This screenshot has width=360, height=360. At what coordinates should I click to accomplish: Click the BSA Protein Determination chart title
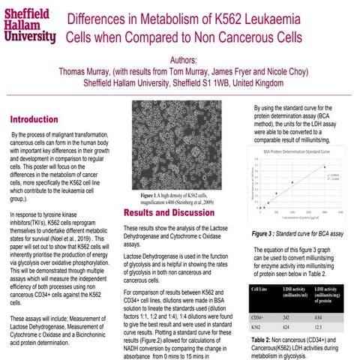(300, 151)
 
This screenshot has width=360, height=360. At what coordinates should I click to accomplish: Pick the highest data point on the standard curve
(324, 167)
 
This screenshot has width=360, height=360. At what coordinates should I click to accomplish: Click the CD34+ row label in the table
(260, 316)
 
